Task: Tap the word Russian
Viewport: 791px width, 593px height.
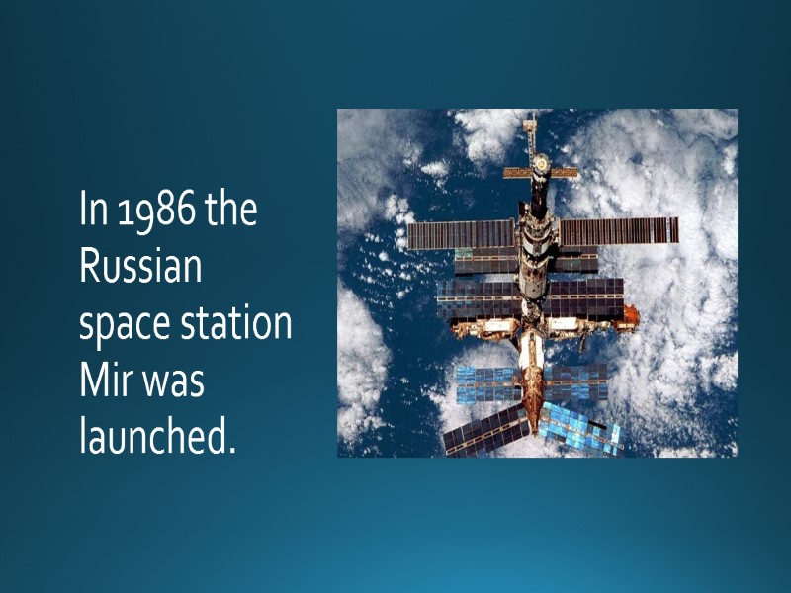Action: point(140,267)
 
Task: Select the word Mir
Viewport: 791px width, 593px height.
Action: point(102,381)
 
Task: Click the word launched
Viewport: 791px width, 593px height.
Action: point(157,436)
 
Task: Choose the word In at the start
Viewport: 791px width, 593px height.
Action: point(93,212)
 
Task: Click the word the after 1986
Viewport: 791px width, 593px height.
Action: point(231,212)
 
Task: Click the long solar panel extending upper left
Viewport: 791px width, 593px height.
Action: point(461,234)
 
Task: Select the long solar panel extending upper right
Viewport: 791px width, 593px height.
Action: point(618,230)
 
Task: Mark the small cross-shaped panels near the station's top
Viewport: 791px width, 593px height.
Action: point(540,172)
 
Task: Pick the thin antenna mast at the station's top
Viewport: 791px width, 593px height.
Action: point(531,130)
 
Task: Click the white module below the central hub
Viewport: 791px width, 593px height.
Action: point(532,348)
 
